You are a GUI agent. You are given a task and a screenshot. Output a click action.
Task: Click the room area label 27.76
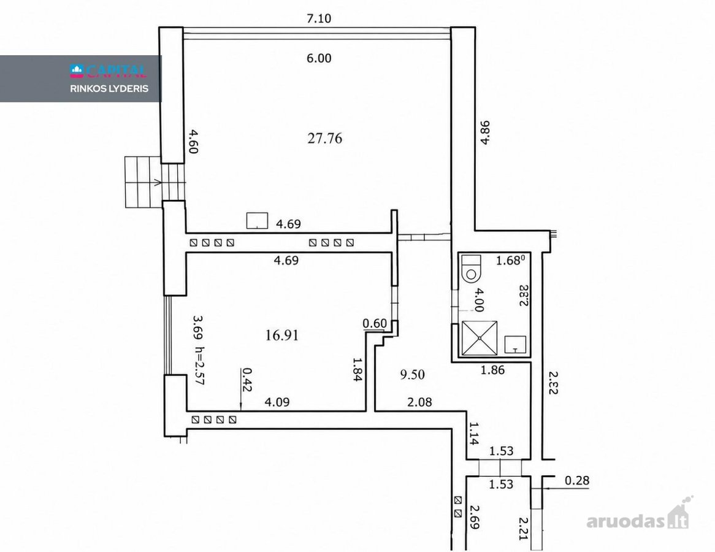tap(324, 138)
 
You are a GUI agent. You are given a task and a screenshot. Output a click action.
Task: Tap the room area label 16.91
tap(282, 335)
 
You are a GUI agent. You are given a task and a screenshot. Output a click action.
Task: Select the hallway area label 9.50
tap(412, 375)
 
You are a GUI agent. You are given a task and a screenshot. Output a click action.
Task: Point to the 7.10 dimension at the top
tap(319, 18)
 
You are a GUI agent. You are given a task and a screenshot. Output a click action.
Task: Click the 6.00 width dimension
tap(319, 58)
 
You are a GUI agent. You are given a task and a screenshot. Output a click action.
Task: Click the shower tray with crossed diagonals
tap(480, 338)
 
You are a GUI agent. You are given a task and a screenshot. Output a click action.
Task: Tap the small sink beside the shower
tap(515, 345)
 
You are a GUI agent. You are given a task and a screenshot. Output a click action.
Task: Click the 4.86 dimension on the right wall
tap(485, 132)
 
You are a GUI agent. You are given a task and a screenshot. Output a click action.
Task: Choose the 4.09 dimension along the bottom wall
tap(277, 402)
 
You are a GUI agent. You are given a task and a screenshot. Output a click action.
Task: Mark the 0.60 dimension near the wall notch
tap(375, 323)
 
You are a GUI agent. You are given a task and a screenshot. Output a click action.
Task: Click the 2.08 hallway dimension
tap(419, 402)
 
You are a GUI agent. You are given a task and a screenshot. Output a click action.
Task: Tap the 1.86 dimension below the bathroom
tap(492, 370)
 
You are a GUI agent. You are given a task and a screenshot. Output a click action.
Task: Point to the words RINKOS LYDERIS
tap(109, 88)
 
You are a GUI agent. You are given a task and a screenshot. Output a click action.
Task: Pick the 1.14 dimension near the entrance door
tap(474, 434)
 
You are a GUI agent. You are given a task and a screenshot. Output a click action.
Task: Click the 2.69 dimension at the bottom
tap(474, 517)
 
